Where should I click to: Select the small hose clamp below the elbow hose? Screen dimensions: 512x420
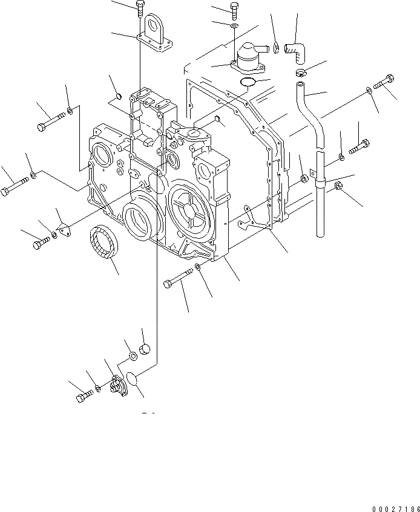point(301,73)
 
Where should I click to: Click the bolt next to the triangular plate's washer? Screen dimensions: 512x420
point(42,242)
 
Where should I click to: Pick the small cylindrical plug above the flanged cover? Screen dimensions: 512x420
point(145,349)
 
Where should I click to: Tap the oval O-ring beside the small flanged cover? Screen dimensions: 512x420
point(134,378)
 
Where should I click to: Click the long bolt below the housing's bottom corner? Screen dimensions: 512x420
point(177,280)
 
